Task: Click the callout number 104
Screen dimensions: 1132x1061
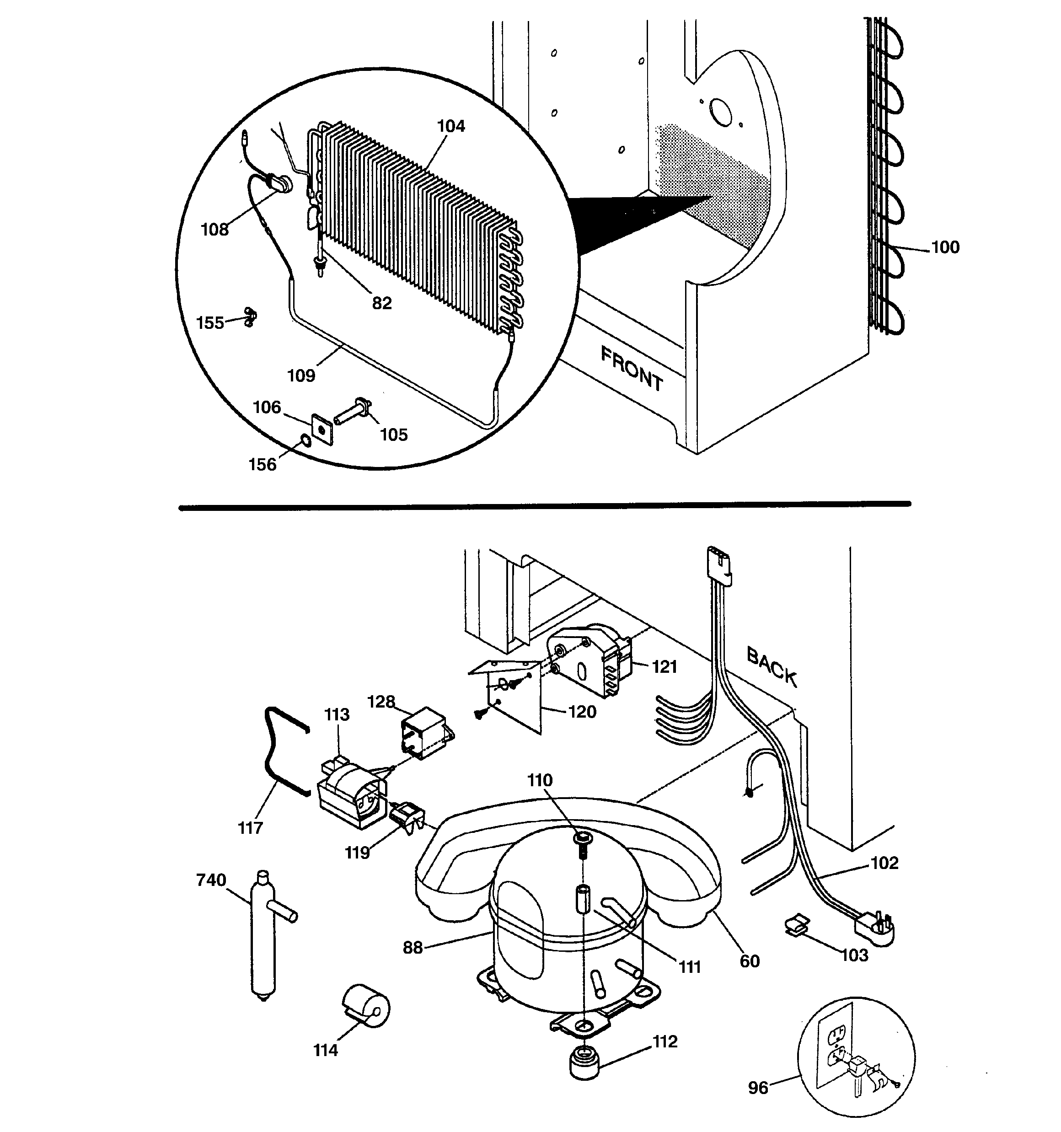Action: click(x=450, y=126)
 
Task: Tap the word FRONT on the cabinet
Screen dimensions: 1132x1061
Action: click(x=632, y=369)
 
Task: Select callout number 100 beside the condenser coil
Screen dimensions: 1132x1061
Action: click(x=945, y=247)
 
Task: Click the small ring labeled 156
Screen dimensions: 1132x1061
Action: click(x=306, y=440)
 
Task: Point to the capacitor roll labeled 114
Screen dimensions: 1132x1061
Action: click(x=367, y=1009)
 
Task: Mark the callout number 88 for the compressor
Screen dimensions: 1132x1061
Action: click(x=413, y=948)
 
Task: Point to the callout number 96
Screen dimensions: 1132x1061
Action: click(x=758, y=1088)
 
